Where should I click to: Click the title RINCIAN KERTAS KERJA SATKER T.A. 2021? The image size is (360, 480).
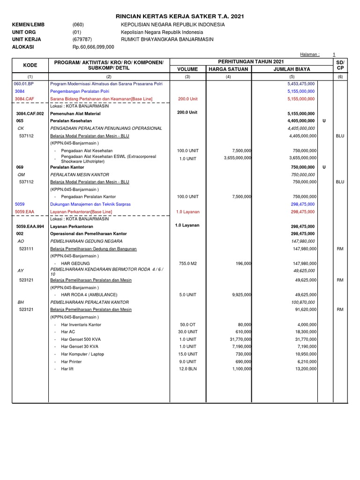(180, 16)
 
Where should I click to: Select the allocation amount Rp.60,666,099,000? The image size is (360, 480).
(93, 47)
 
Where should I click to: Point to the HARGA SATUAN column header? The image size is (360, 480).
(228, 69)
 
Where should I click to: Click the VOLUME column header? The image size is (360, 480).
(187, 69)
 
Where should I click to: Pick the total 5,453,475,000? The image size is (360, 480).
(301, 83)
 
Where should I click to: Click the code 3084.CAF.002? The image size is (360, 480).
(30, 113)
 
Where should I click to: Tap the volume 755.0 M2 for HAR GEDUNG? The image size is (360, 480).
(187, 263)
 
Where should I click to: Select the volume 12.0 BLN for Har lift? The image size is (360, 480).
(187, 369)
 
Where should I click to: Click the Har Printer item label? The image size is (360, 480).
(71, 361)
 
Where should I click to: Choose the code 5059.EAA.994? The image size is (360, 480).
(30, 226)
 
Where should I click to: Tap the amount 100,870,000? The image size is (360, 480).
(303, 302)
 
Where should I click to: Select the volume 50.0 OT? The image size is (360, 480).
(187, 324)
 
